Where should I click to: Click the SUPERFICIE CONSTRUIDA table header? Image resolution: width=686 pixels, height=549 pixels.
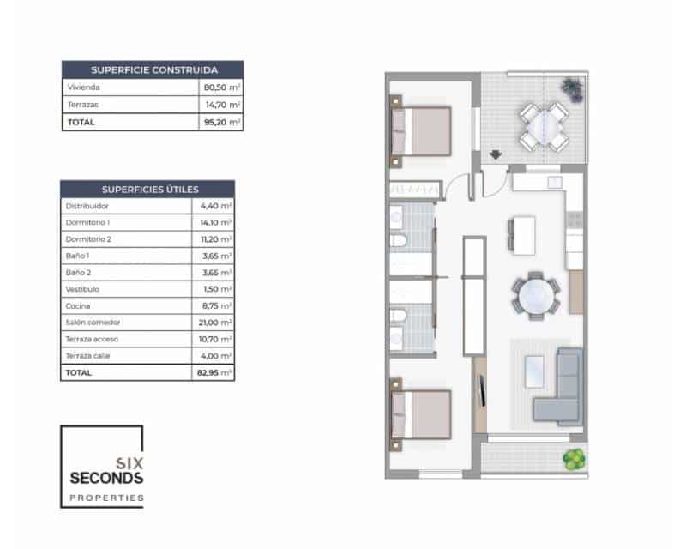(x=153, y=69)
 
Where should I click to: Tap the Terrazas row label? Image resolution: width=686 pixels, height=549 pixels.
(x=81, y=105)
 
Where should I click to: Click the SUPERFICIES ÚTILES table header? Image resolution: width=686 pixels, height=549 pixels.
(x=148, y=189)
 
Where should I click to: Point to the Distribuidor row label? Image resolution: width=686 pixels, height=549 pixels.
(x=87, y=206)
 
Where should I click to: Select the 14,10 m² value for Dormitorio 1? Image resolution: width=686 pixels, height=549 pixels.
(x=214, y=223)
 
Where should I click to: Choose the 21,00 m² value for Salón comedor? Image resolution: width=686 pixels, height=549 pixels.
(x=214, y=323)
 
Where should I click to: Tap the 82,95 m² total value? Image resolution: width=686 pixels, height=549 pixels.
(x=214, y=373)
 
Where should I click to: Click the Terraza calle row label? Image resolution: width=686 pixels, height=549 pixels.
(x=87, y=356)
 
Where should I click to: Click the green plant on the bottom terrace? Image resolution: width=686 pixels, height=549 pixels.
(x=574, y=459)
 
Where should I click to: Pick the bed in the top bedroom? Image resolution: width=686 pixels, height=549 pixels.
(x=421, y=131)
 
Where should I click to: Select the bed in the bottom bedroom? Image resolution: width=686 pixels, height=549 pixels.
(x=421, y=415)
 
